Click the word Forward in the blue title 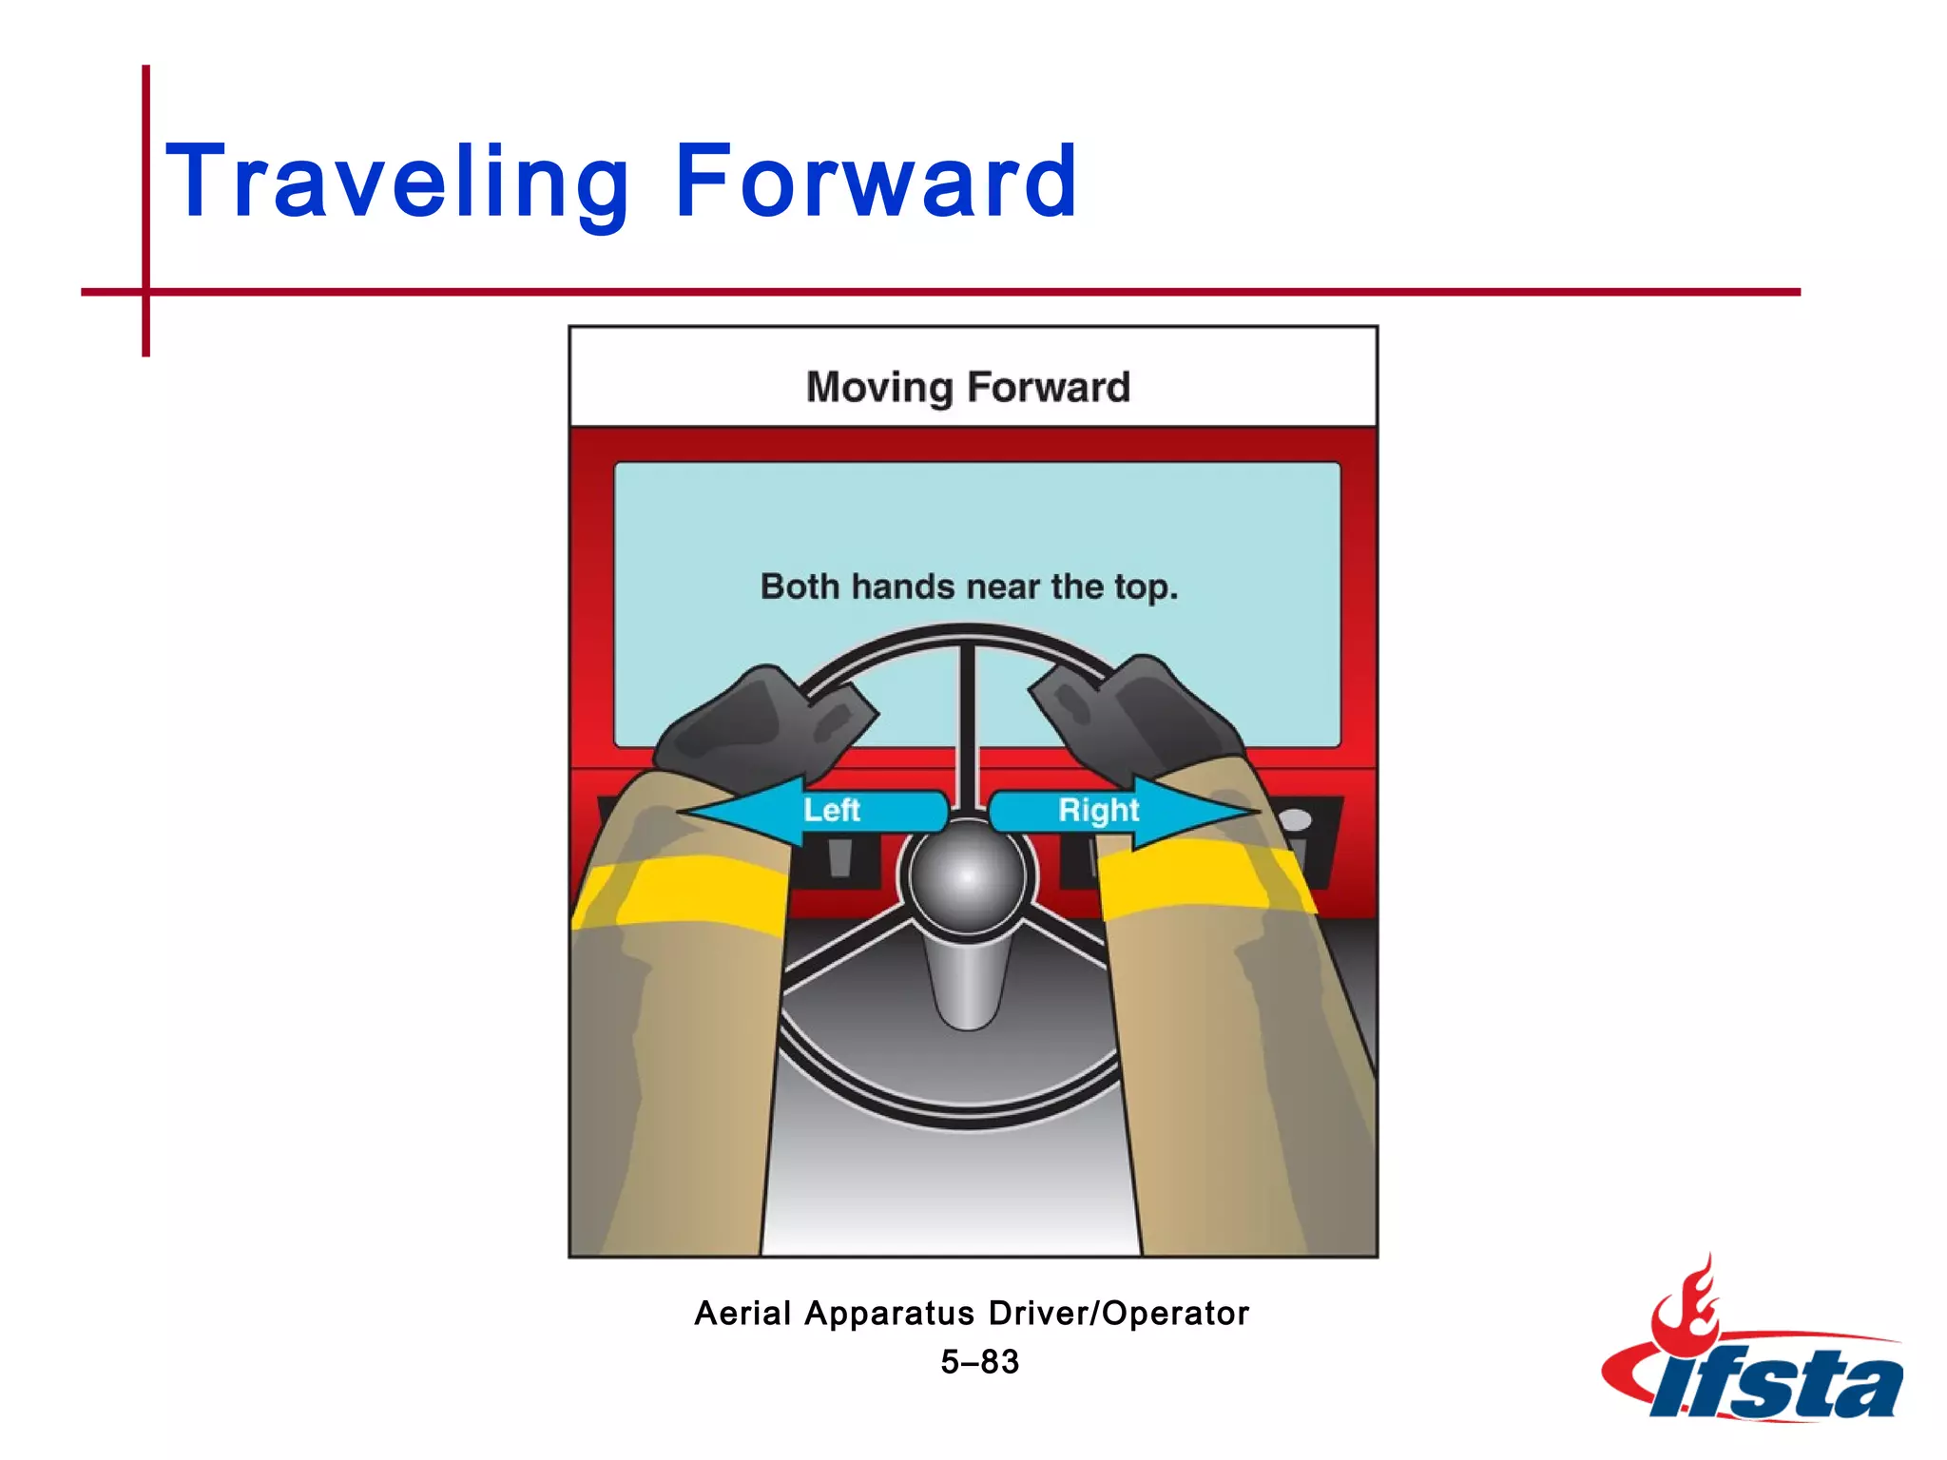tap(876, 181)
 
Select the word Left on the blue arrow tap(831, 810)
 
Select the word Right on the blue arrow tap(1098, 810)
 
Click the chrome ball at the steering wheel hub tap(967, 876)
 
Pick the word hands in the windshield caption tap(902, 587)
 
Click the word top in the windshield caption tap(1145, 588)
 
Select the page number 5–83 tap(979, 1362)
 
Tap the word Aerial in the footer tap(742, 1314)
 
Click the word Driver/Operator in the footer tap(1118, 1314)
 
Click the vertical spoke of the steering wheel tap(967, 722)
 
